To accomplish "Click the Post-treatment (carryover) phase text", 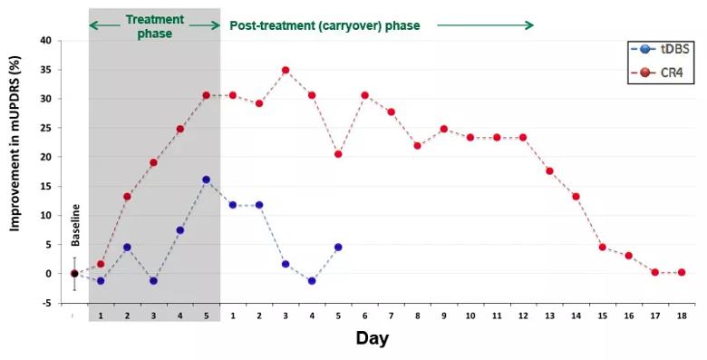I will pos(324,25).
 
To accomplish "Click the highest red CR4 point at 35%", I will pos(286,70).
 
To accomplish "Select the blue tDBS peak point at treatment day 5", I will pos(207,180).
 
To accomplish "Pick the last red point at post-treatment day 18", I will pos(682,272).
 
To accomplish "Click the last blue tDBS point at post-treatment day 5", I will pos(338,247).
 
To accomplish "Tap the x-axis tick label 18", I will pos(682,316).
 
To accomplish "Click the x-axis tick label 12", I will pos(523,316).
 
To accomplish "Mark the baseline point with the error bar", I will pos(74,273).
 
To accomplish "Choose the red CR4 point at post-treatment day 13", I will pos(549,170).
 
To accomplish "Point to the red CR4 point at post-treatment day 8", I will pos(418,145).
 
